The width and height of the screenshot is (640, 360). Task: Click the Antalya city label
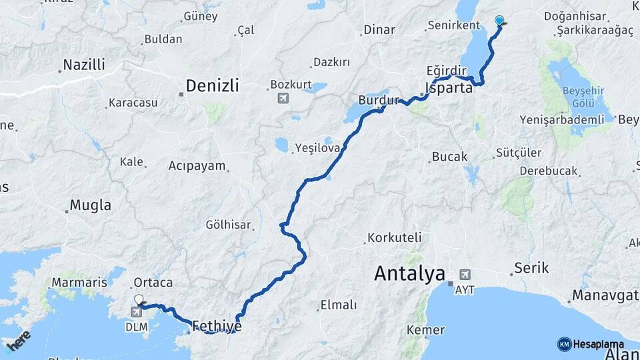coord(409,273)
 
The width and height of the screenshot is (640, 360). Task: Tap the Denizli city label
coord(212,85)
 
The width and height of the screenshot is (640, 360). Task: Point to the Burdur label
coord(378,100)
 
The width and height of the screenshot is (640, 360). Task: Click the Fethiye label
coord(216,327)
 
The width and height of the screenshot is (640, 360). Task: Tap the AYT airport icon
coord(465,274)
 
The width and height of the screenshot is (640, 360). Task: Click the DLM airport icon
coord(137,311)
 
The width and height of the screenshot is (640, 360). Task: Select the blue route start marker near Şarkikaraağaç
coord(499,21)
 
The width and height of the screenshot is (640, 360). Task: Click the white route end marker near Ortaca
coord(138,300)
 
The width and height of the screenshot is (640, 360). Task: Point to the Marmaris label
coord(79,283)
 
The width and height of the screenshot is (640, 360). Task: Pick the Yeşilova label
coord(317,149)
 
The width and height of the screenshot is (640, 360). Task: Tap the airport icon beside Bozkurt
coord(283,99)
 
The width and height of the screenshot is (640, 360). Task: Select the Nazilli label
coord(84,65)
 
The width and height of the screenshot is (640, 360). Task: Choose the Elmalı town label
coord(339,305)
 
